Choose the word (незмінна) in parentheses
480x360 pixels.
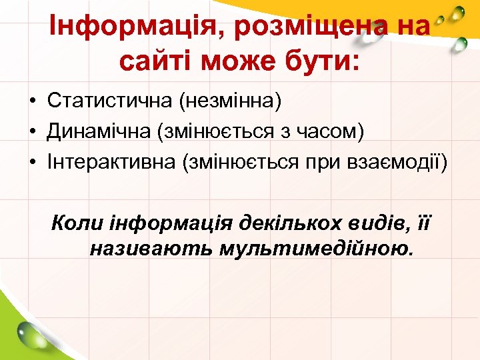point(230,101)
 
